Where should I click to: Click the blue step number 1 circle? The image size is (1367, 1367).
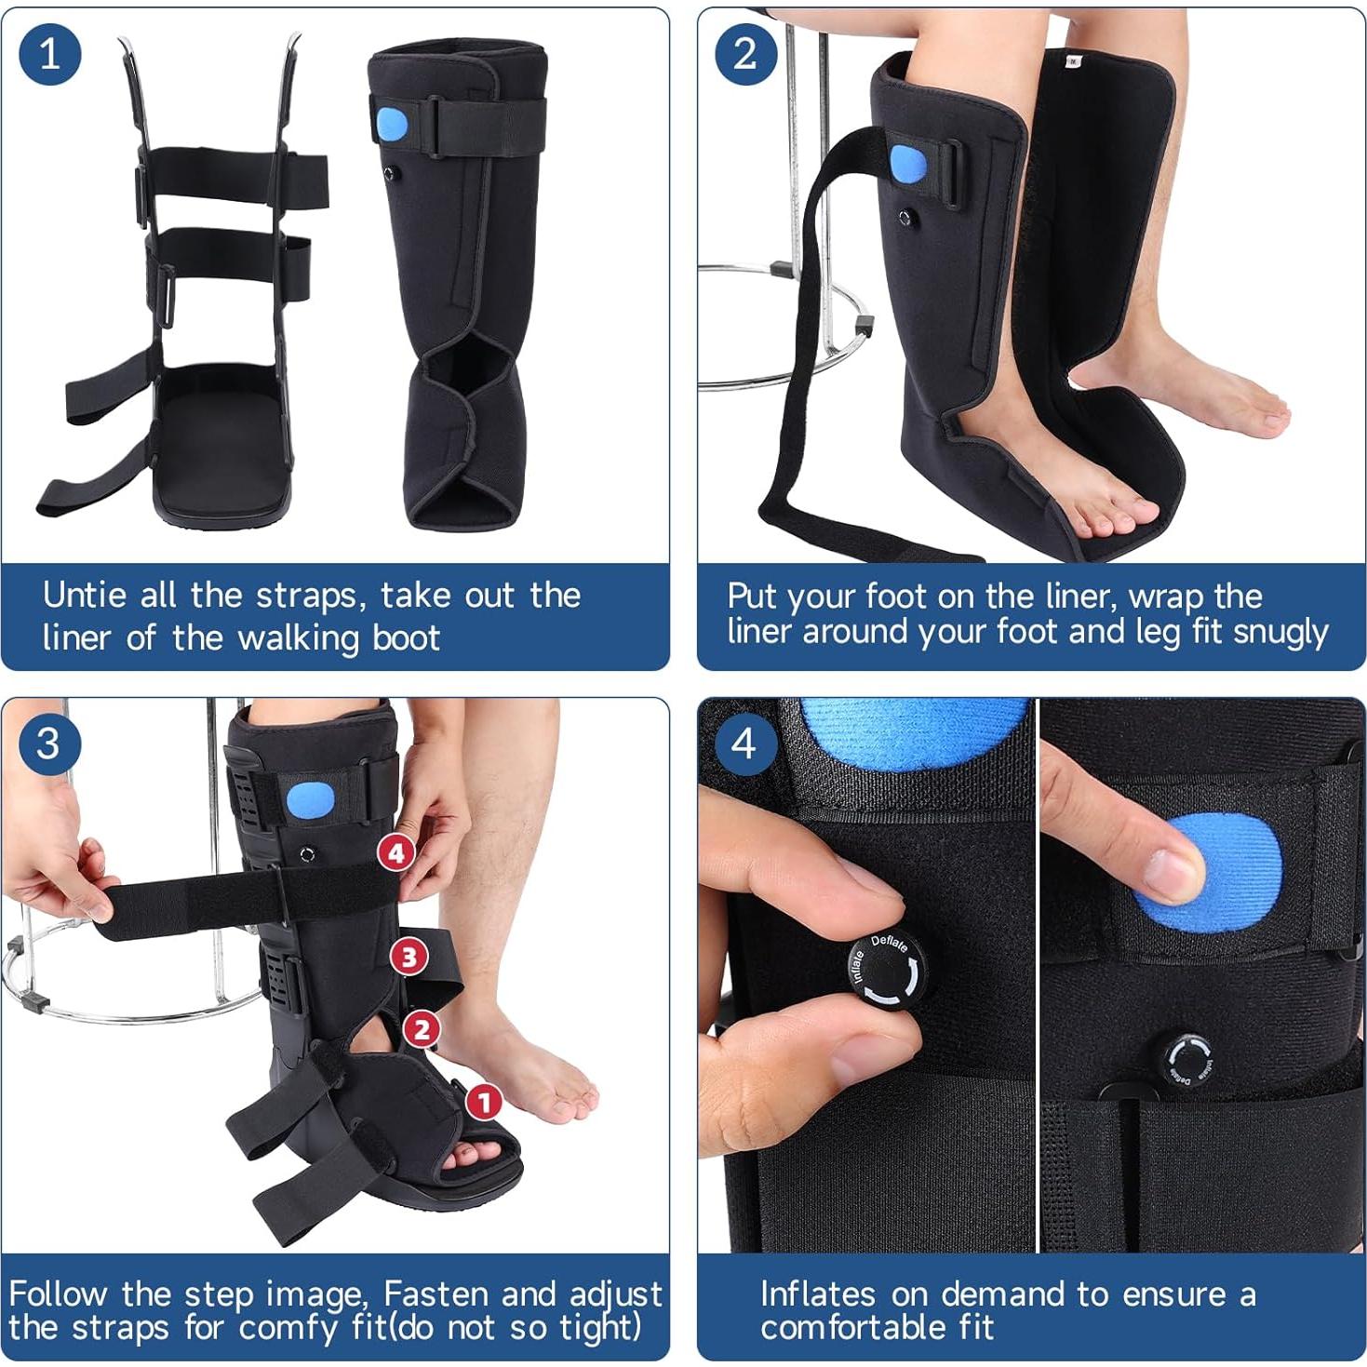[50, 53]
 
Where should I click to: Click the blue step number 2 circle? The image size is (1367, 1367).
[745, 53]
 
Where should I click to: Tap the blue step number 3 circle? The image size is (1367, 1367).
[48, 744]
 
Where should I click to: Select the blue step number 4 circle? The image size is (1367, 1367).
[744, 744]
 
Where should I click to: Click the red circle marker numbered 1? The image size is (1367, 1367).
[483, 1103]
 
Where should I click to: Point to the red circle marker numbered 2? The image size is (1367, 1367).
[422, 1028]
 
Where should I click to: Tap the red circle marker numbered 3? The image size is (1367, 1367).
[409, 956]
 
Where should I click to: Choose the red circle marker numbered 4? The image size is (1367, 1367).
[396, 852]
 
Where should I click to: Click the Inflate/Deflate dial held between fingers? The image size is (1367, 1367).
[885, 969]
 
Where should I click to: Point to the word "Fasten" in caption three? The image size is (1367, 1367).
[436, 1293]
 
